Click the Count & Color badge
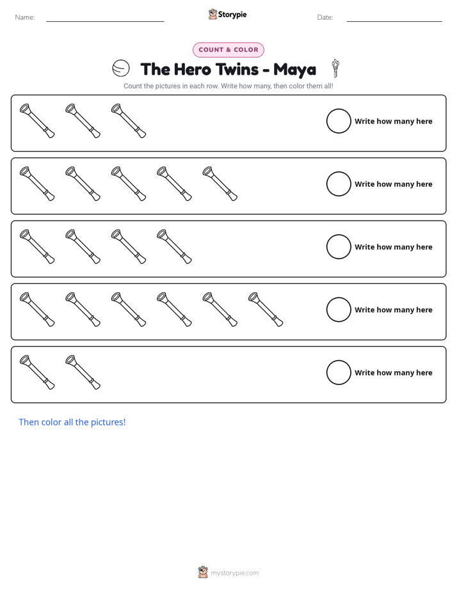click(x=228, y=50)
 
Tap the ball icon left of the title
click(x=121, y=68)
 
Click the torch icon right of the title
click(x=335, y=68)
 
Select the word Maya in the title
click(x=294, y=70)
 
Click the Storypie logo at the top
click(x=228, y=14)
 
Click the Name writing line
click(x=105, y=21)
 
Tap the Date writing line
click(x=394, y=21)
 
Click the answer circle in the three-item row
click(x=339, y=121)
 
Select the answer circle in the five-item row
click(x=339, y=184)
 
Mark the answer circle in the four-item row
click(x=339, y=247)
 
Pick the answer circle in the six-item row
click(x=339, y=310)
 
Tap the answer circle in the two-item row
click(x=339, y=372)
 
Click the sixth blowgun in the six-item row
click(x=266, y=309)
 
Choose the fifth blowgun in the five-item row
click(x=220, y=184)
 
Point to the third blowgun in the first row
click(x=129, y=121)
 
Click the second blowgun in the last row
click(x=83, y=372)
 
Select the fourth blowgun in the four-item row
click(x=174, y=246)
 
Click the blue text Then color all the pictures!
click(x=72, y=422)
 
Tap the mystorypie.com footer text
click(x=234, y=573)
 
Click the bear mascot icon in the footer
click(x=203, y=572)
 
